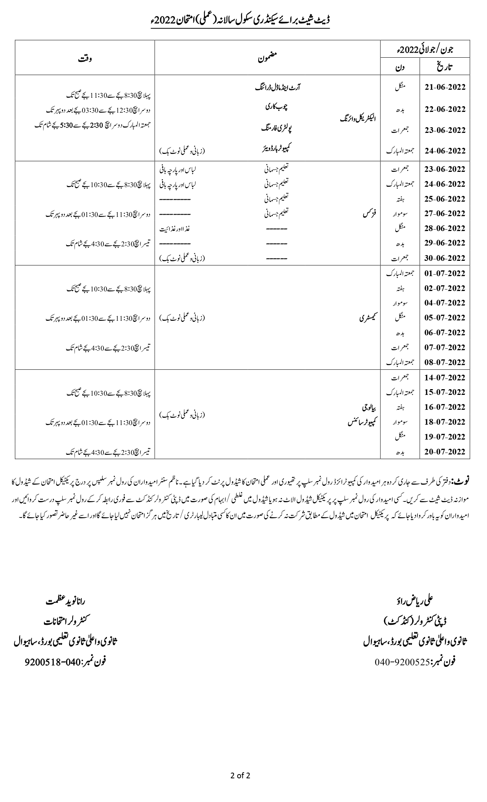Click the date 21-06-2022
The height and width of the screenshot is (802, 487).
point(445,87)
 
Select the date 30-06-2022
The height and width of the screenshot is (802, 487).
point(445,258)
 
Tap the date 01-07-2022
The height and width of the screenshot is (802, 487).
point(445,273)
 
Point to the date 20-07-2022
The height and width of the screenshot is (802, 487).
point(445,451)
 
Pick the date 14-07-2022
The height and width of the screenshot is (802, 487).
point(445,377)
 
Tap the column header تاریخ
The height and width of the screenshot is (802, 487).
point(445,67)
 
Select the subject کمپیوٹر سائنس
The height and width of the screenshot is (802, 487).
point(361,422)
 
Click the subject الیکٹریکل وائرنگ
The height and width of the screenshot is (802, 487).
point(358,118)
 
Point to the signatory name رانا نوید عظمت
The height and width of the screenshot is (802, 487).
point(65,602)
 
